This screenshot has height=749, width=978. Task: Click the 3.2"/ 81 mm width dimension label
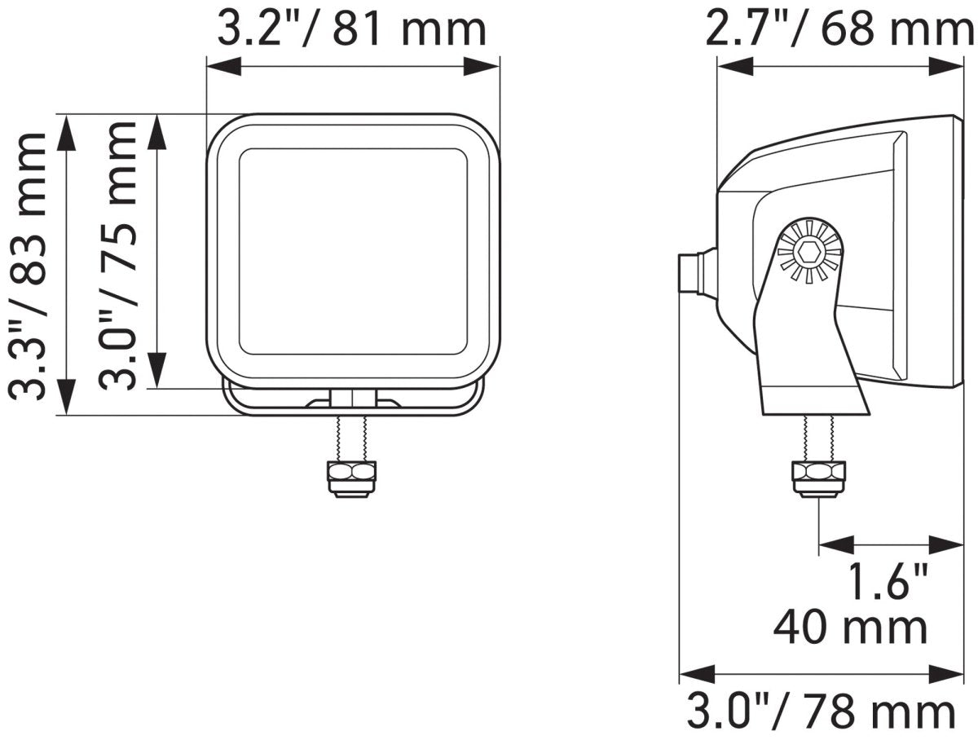pos(351,29)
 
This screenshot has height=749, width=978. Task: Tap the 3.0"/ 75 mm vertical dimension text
pos(117,254)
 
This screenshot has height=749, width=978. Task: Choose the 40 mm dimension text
pos(851,627)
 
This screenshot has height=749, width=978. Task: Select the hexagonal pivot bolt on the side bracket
pos(808,253)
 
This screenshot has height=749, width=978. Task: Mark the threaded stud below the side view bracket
pos(818,438)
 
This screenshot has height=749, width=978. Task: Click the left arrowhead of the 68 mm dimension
pos(730,67)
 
